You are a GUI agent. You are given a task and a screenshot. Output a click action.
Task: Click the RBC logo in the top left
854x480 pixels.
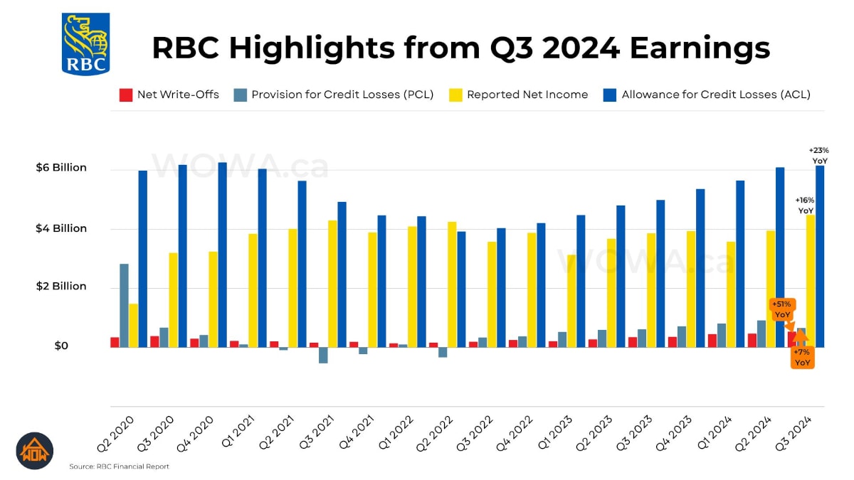point(86,44)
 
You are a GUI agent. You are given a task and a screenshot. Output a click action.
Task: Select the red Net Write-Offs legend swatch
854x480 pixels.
point(126,95)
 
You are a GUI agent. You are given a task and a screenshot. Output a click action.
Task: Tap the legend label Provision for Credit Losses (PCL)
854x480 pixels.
point(342,95)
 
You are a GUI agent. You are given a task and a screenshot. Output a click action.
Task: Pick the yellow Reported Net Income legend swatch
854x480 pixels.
point(454,95)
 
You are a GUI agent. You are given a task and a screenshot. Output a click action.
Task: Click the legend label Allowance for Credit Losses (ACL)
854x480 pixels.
point(716,95)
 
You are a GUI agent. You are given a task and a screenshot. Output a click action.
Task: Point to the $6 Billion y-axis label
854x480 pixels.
point(61,168)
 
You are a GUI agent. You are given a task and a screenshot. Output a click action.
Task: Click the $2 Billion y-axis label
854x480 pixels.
point(61,286)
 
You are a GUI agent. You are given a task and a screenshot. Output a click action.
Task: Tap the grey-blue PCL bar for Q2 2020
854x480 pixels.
point(124,305)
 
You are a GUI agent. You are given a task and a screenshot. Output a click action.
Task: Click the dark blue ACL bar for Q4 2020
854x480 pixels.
point(223,254)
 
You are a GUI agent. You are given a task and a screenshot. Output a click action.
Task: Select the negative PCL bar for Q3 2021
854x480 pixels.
point(323,355)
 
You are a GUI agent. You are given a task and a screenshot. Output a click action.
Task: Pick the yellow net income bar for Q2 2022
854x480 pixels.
point(452,284)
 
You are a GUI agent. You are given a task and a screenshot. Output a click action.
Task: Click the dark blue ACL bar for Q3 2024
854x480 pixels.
point(820,256)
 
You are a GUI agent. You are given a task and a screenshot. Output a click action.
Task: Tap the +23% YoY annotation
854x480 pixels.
point(819,156)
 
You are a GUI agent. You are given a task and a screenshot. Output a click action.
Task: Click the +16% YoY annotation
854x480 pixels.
point(805,206)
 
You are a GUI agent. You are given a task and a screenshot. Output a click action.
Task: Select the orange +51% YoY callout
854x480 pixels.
point(782,309)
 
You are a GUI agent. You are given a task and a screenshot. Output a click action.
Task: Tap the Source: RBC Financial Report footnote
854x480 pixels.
point(119,466)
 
